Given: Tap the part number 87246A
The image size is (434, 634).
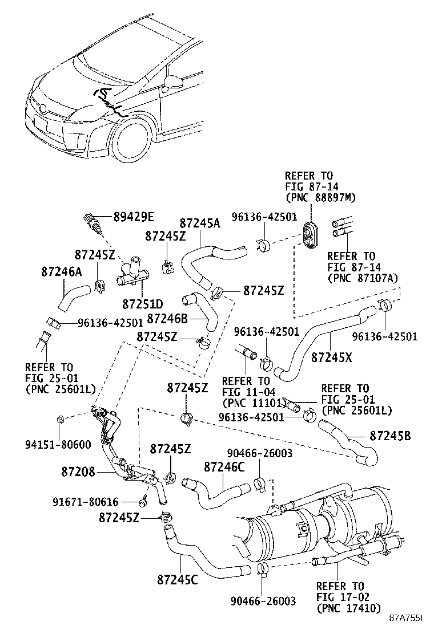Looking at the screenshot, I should (61, 272).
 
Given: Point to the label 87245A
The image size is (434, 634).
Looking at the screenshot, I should (199, 223).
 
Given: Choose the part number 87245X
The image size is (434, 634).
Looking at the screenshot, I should (332, 357).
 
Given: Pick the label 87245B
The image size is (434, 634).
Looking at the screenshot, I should (390, 436).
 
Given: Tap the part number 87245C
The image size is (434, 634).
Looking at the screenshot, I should (177, 580).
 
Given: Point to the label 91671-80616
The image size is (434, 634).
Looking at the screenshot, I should (86, 502).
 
